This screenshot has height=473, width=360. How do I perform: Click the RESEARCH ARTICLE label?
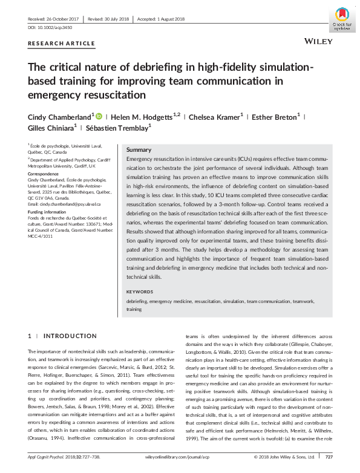click(x=62, y=44)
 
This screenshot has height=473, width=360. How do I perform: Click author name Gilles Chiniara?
click(x=51, y=128)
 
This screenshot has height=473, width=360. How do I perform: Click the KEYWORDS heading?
click(x=140, y=292)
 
